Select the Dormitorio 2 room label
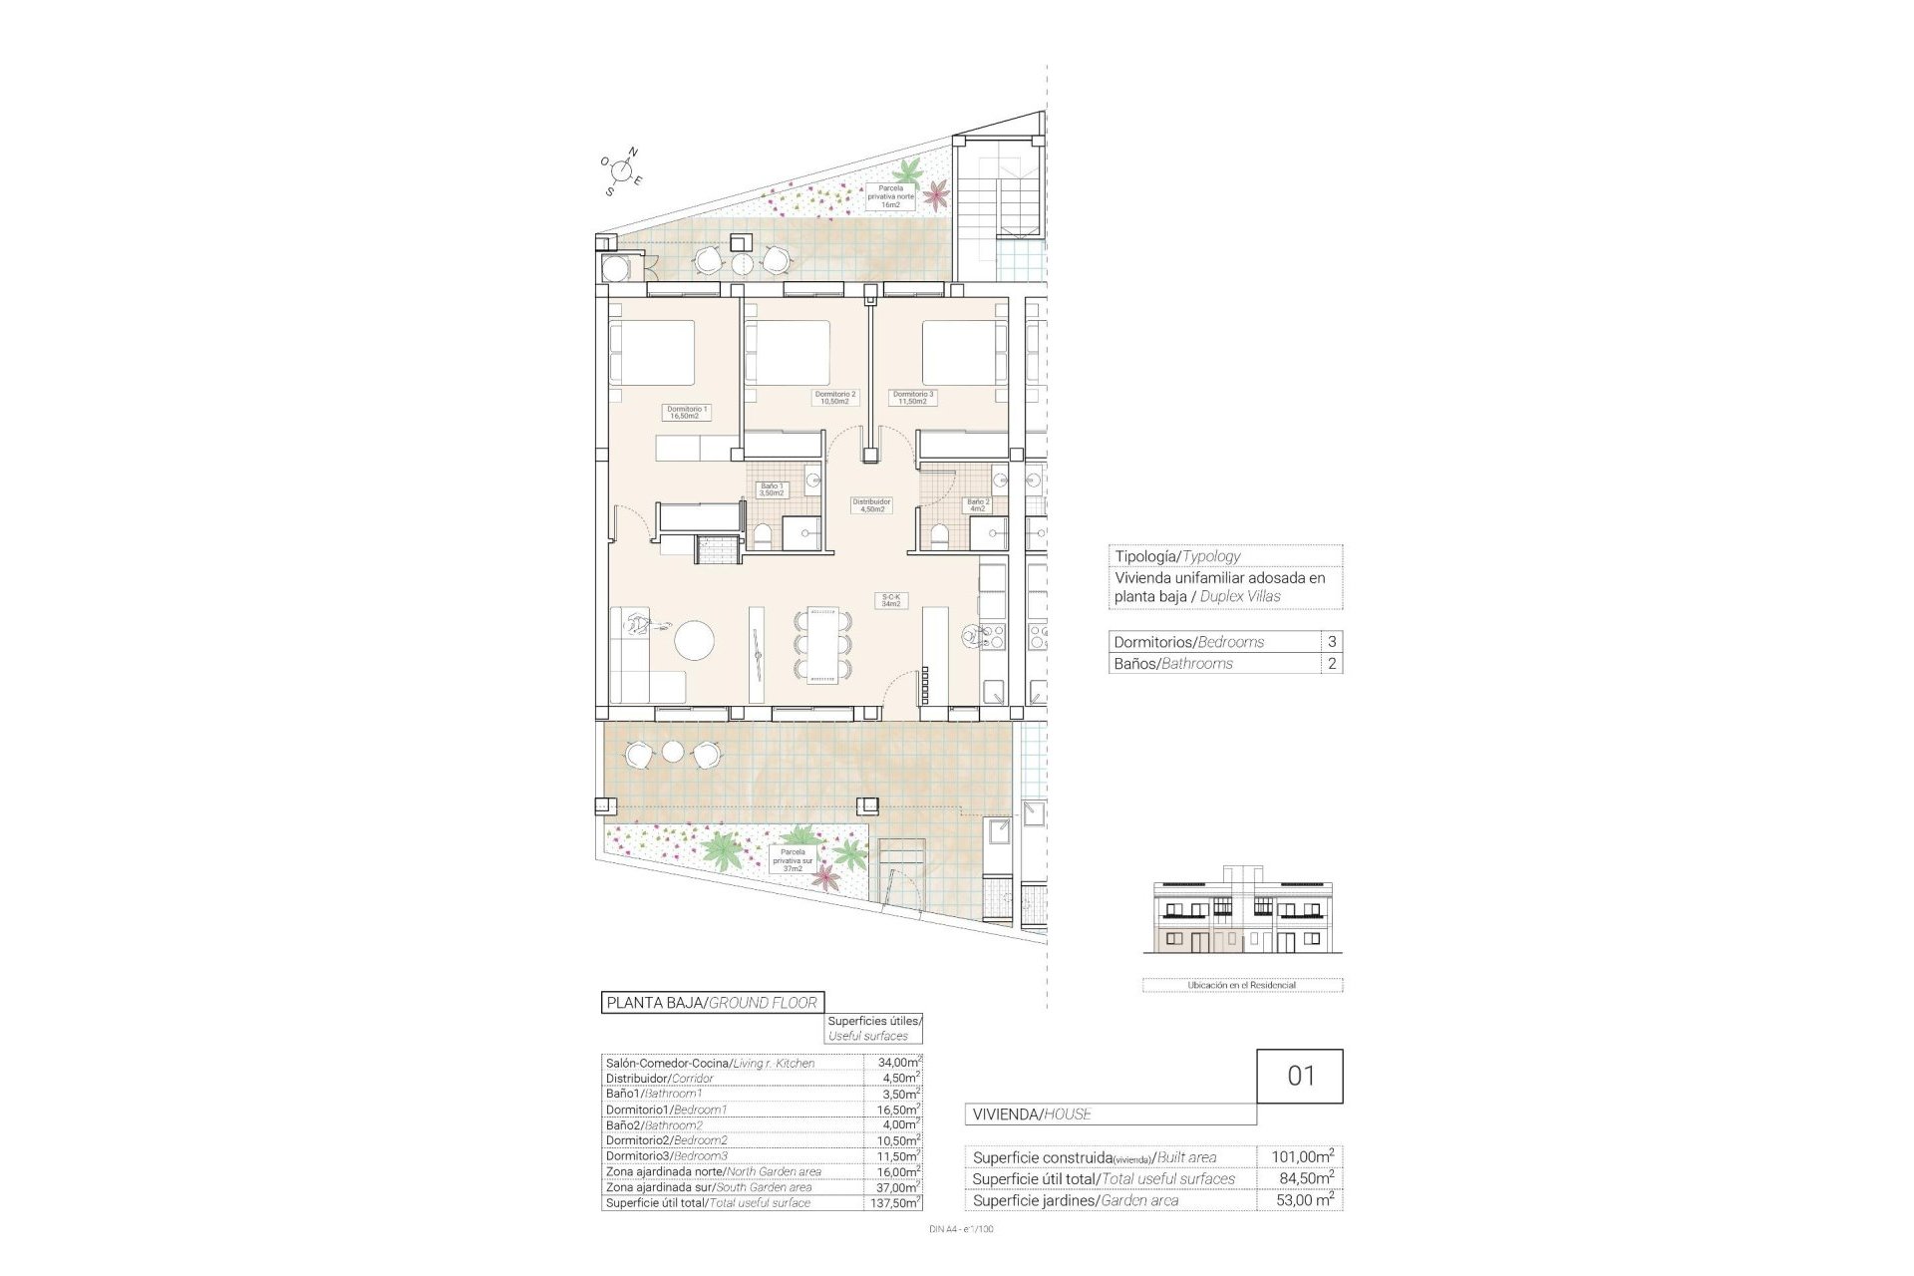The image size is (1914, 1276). (x=835, y=398)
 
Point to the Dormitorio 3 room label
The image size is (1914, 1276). (x=914, y=398)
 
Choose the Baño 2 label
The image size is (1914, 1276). (x=978, y=505)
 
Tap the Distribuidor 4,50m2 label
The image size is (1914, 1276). (x=871, y=505)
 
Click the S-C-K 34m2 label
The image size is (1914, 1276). (x=890, y=601)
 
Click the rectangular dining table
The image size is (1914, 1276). (x=823, y=645)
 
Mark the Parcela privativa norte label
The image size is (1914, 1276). (x=890, y=196)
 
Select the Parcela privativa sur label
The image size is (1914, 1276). (x=793, y=859)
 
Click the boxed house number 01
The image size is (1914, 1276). (x=1301, y=1077)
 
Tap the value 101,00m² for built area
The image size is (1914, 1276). (x=1302, y=1157)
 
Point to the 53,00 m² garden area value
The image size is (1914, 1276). (x=1302, y=1200)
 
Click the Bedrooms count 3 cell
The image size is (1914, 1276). (x=1332, y=642)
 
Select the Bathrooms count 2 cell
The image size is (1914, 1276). (x=1332, y=664)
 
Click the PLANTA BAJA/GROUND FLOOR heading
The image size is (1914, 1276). (x=712, y=1003)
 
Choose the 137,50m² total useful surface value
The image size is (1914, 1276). (x=893, y=1203)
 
